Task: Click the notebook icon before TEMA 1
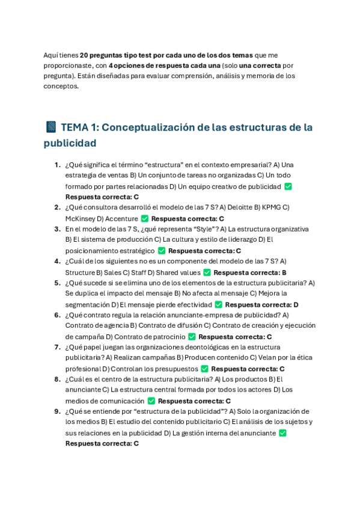(x=51, y=127)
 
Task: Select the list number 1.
(x=57, y=165)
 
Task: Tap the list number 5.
(x=57, y=283)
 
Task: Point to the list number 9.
(x=57, y=411)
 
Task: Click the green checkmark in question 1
(x=288, y=186)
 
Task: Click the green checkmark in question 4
(x=207, y=272)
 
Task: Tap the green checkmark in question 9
(x=282, y=433)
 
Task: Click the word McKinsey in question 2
(x=80, y=219)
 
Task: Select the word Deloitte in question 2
(x=237, y=207)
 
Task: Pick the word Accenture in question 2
(x=121, y=219)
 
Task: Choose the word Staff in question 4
(x=139, y=272)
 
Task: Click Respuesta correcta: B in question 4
(x=250, y=272)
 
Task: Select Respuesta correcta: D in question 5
(x=262, y=305)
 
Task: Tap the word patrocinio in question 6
(x=166, y=337)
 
